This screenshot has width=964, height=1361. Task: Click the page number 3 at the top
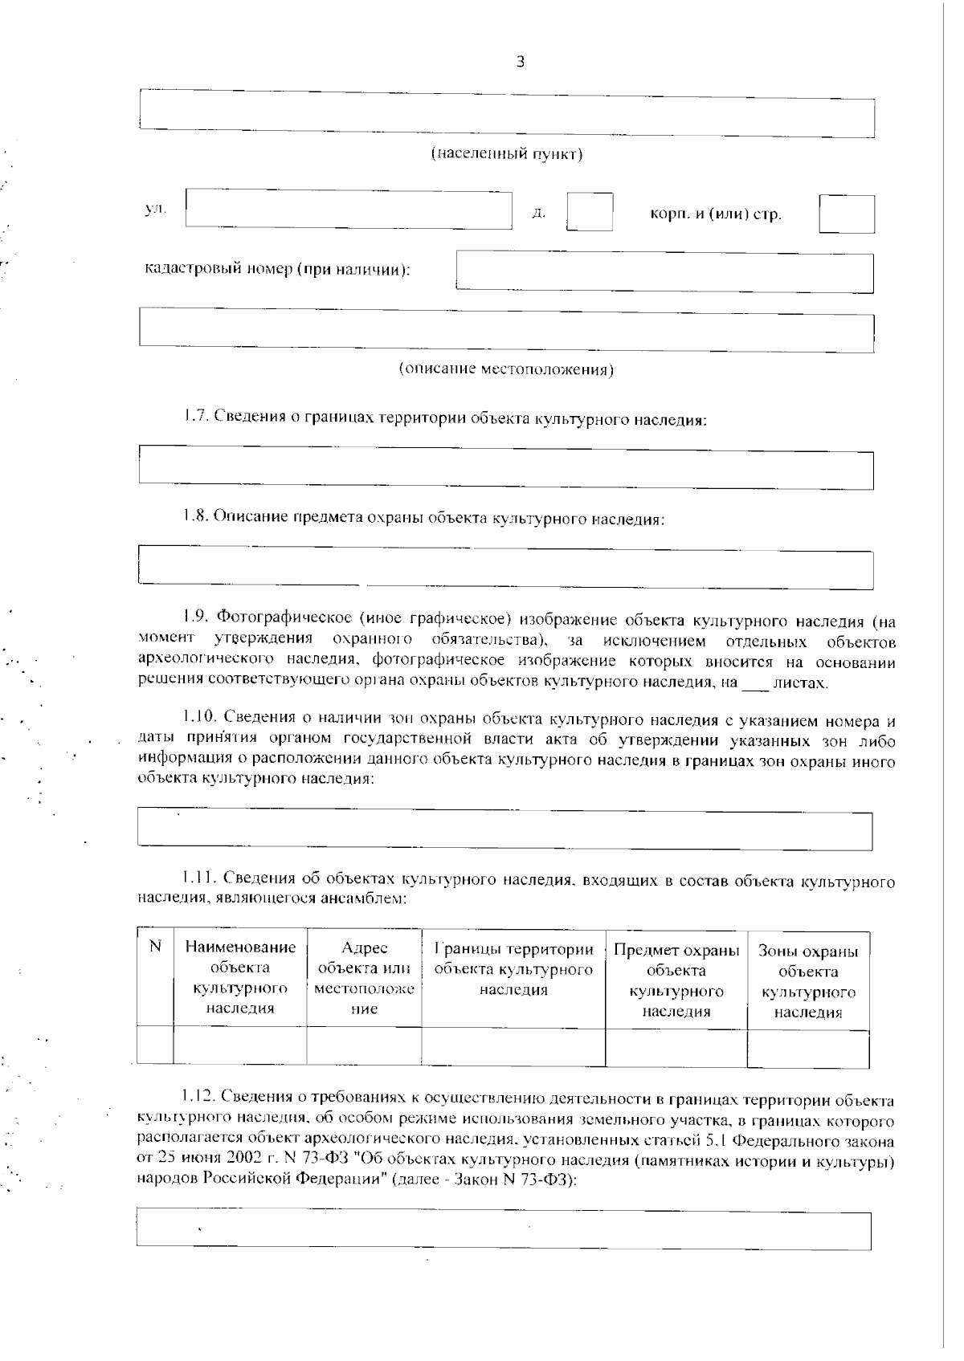point(520,63)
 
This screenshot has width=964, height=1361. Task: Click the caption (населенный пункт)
point(507,153)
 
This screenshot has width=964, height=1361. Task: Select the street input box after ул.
point(349,210)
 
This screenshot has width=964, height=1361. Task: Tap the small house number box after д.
point(590,212)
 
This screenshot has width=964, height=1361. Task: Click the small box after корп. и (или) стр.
point(847,214)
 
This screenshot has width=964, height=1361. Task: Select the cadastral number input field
point(664,273)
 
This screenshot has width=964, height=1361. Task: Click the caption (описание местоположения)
point(507,369)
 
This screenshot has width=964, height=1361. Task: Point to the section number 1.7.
point(195,418)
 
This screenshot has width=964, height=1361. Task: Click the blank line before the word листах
point(754,685)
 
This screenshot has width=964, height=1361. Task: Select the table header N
point(156,947)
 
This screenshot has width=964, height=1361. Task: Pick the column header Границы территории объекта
point(513,969)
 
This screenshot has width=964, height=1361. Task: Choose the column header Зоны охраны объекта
point(807,982)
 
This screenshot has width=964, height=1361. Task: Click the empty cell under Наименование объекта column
point(239,1046)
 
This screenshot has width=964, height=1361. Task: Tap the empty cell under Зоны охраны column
point(807,1049)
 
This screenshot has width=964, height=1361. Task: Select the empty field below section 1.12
point(504,1230)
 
